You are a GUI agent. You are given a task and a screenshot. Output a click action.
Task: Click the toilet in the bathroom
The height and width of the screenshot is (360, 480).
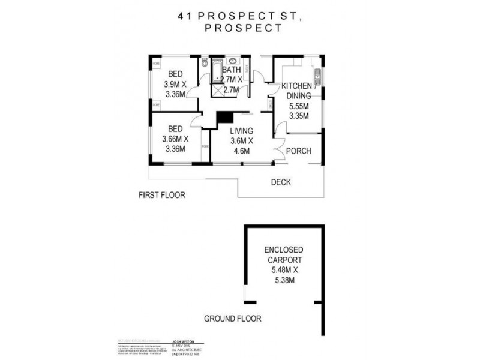[x=205, y=62]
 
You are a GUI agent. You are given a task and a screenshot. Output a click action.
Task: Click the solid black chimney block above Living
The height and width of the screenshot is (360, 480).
[x=225, y=118]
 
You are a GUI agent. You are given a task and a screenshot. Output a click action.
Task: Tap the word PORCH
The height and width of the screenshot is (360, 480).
[x=299, y=151]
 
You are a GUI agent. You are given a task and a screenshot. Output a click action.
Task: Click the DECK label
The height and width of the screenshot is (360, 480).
[x=281, y=182]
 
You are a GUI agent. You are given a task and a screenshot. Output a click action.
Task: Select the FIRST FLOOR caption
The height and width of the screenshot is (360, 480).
[x=161, y=195]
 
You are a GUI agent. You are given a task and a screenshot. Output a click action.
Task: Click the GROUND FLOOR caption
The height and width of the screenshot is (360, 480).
[x=232, y=319]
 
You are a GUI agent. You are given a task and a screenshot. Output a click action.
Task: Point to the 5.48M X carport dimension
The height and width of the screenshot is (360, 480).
[x=284, y=270]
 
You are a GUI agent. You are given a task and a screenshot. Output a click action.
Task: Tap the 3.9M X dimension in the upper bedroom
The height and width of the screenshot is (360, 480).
[x=175, y=85]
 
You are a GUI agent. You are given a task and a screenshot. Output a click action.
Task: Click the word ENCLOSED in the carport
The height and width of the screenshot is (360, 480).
[x=284, y=250]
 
